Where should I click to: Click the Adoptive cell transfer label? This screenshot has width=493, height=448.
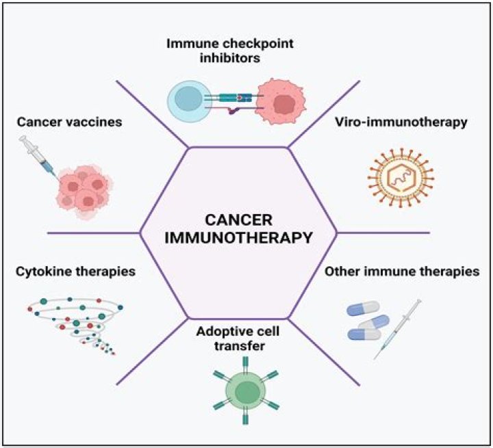pyautogui.click(x=238, y=340)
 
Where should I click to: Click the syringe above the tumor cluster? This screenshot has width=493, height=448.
pyautogui.click(x=40, y=153)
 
